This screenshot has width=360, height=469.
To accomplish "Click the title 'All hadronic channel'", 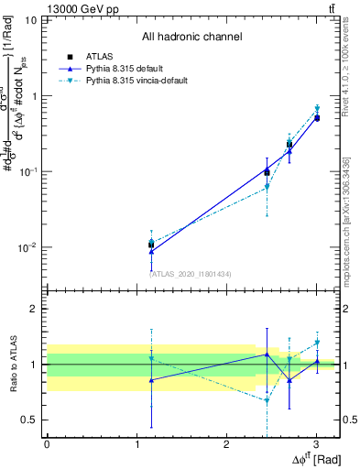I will click(x=191, y=37).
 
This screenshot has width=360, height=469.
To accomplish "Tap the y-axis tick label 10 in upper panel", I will click(x=31, y=19).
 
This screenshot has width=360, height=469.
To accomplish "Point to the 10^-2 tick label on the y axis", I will click(x=28, y=247).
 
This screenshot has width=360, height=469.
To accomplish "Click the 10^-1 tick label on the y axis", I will click(x=28, y=171).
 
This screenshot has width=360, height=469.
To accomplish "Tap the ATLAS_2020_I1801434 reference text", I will click(x=191, y=273).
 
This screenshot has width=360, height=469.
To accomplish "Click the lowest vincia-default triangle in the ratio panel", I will click(x=267, y=400).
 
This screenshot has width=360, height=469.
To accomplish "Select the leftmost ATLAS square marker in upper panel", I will click(x=151, y=245).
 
